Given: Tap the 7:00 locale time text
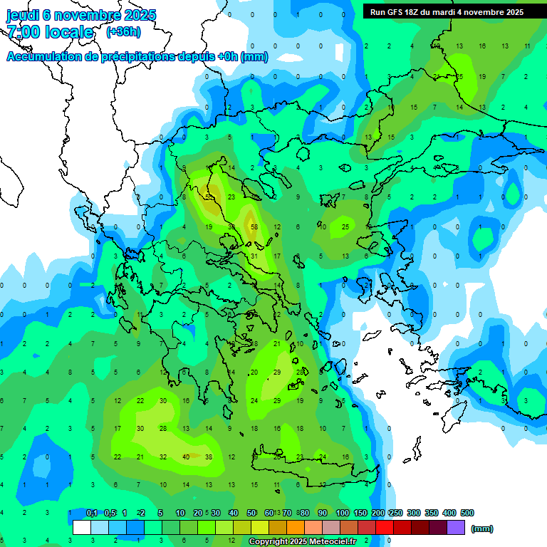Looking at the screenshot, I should [50, 32].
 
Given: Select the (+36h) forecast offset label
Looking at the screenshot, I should [123, 32].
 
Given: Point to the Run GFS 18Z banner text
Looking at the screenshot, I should [405, 11].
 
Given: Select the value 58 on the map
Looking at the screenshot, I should [255, 226].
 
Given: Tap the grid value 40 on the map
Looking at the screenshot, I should [186, 457].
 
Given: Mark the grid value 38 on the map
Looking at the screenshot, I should [209, 457].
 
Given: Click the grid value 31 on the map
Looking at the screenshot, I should [254, 256].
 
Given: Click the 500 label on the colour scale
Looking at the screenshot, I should [467, 513].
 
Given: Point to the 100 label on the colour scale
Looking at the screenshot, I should [342, 513].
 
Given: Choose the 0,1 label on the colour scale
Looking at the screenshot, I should [92, 513].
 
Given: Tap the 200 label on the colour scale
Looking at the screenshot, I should [377, 513].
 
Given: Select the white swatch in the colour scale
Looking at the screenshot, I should [82, 528].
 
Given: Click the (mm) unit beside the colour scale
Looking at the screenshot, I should [482, 528].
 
